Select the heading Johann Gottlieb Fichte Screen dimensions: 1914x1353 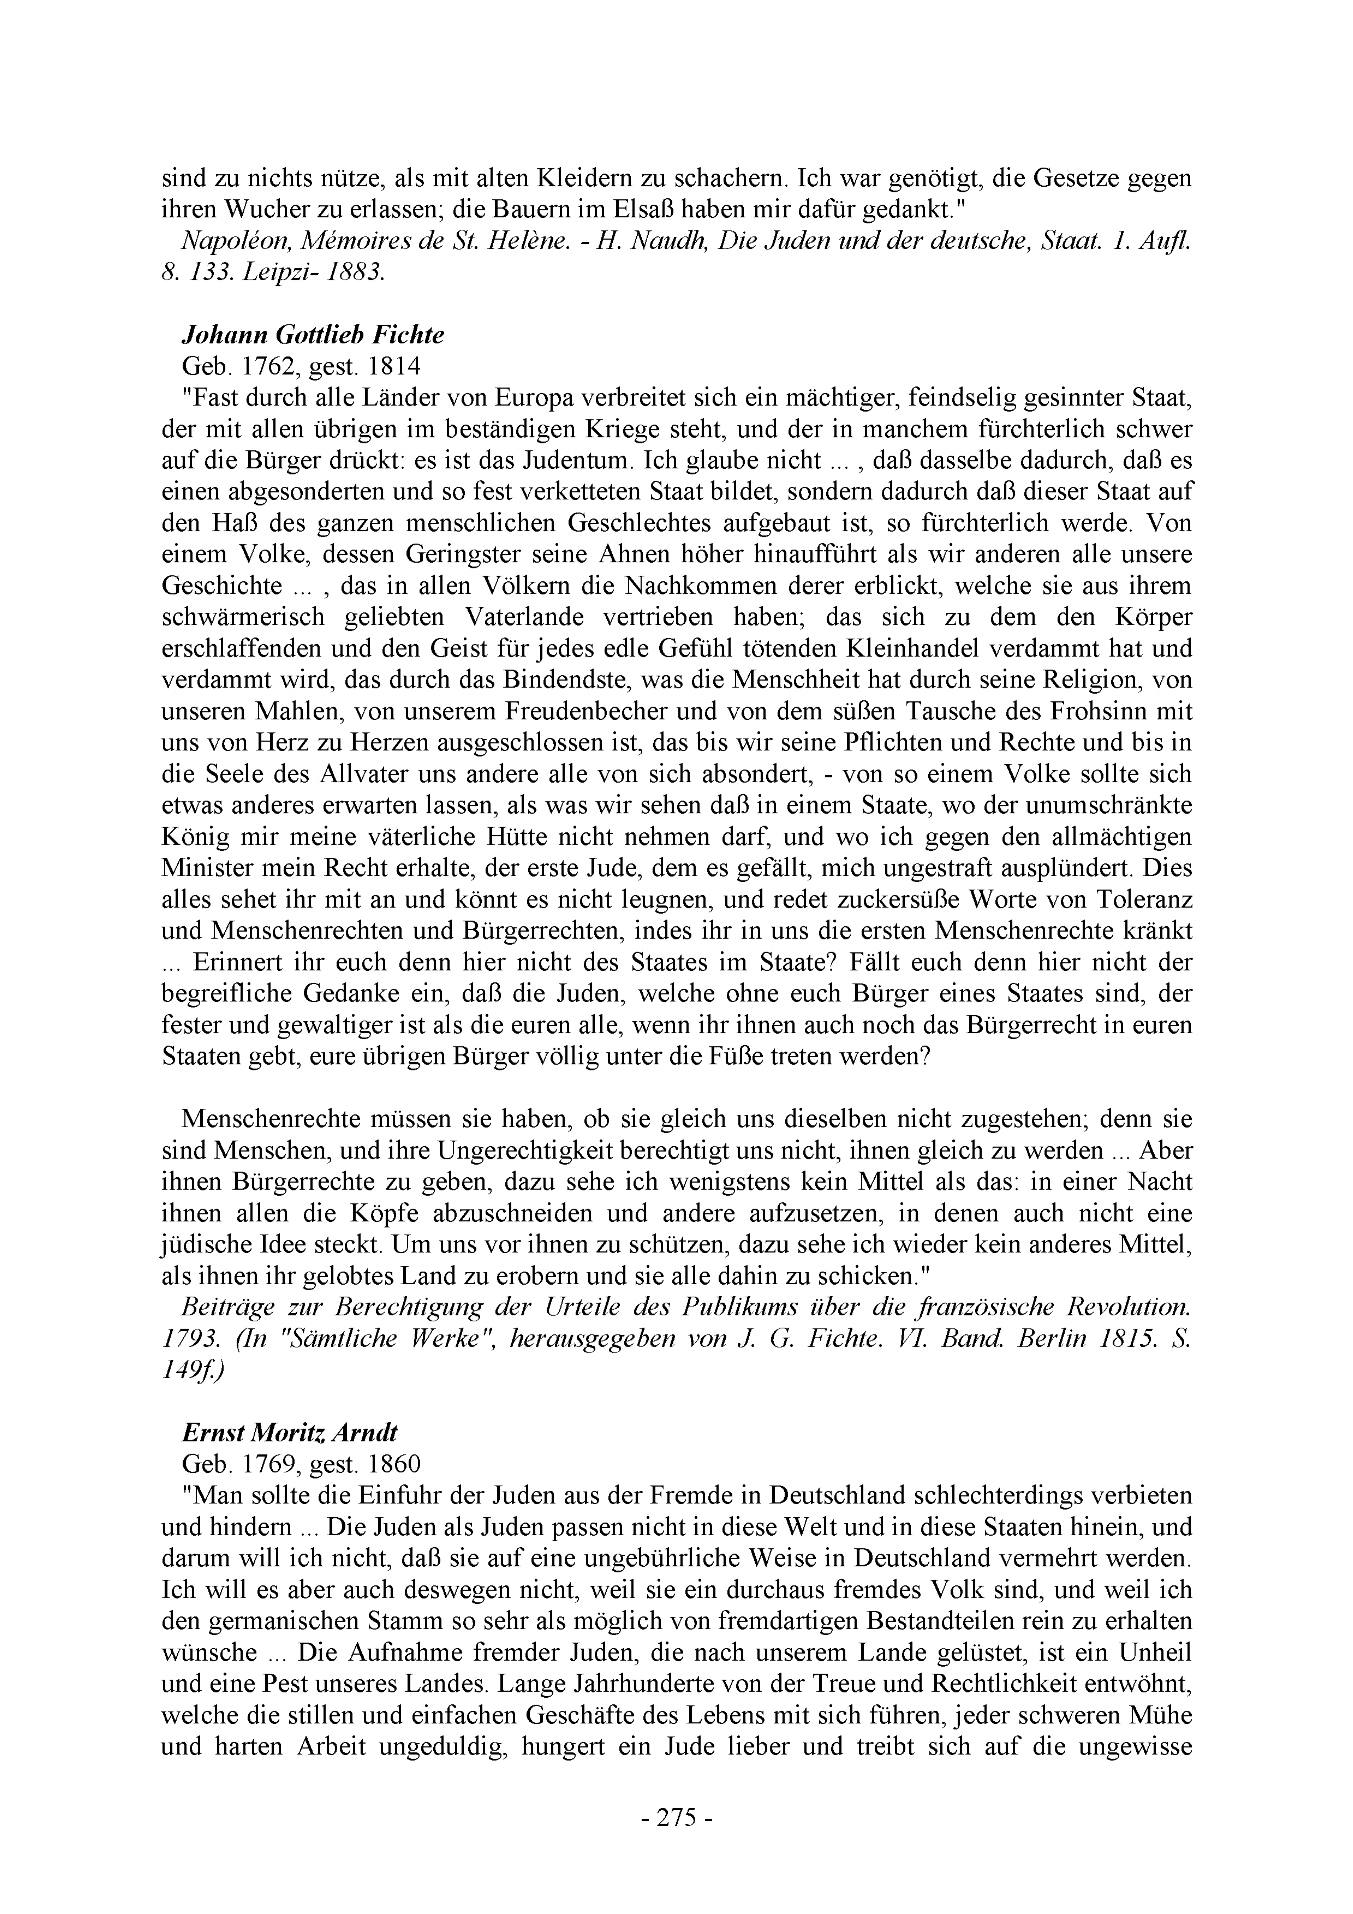(x=313, y=335)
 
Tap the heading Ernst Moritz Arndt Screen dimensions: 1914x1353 (x=289, y=1432)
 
